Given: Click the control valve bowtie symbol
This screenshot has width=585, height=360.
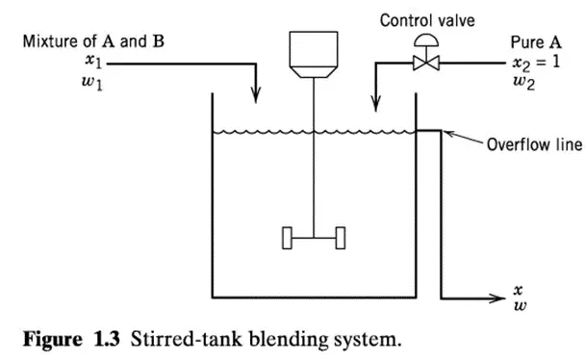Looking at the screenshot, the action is [426, 63].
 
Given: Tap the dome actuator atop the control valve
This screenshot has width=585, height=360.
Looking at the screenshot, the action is [426, 40].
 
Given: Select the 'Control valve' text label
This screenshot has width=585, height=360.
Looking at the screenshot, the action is [427, 20].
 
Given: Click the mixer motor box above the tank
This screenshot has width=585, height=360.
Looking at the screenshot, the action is [314, 54].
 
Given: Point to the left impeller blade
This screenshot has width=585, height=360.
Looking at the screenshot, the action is [287, 238].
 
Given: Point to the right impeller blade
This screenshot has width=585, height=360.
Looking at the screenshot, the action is [341, 238].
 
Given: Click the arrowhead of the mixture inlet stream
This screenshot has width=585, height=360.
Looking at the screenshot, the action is [256, 94].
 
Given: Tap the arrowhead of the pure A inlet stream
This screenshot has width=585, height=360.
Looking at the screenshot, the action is [375, 104].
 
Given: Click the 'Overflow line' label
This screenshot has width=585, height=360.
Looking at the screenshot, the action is [534, 144].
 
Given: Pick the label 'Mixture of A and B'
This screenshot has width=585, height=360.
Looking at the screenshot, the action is [93, 41].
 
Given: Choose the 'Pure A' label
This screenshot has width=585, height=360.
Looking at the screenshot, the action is [536, 42].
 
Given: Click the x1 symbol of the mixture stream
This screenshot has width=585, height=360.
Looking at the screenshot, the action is [93, 62].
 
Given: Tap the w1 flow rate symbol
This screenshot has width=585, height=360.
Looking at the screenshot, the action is [91, 83].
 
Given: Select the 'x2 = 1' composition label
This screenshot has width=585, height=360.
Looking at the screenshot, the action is [537, 63].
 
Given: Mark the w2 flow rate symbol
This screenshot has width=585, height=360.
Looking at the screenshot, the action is [523, 83].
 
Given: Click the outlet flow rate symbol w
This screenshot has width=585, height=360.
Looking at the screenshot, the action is [520, 306].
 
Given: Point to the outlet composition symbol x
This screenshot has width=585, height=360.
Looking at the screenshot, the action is [519, 290].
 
